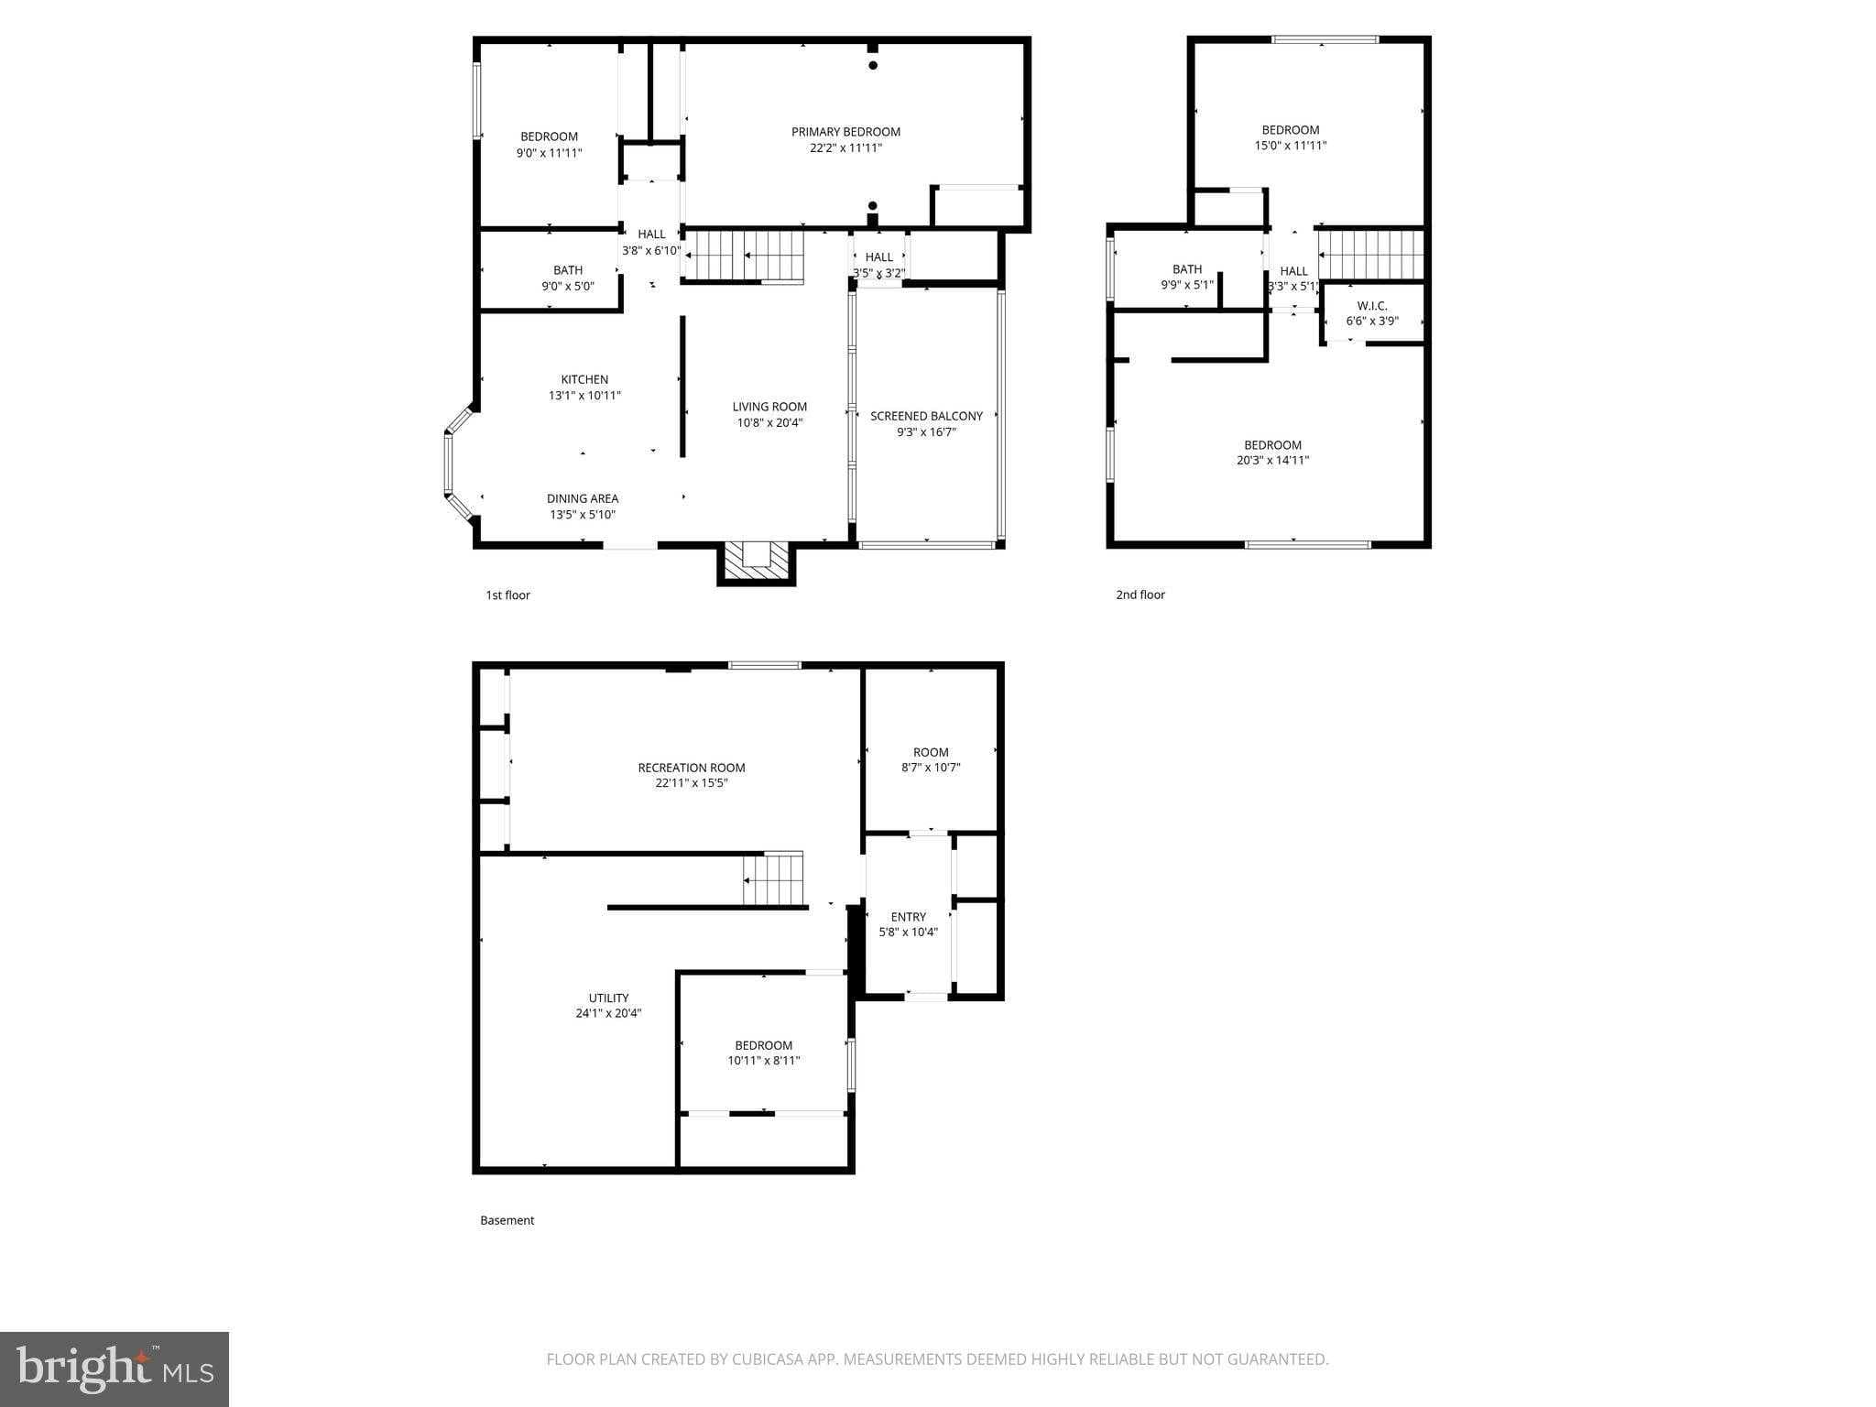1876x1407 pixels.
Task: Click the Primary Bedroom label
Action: pyautogui.click(x=845, y=132)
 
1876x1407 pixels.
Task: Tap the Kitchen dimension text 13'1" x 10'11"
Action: pyautogui.click(x=584, y=396)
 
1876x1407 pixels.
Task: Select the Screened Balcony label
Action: pyautogui.click(x=926, y=416)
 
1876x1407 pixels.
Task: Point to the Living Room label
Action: pyautogui.click(x=769, y=407)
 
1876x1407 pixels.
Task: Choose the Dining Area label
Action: pyautogui.click(x=583, y=498)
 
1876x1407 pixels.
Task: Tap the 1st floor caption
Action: pyautogui.click(x=507, y=595)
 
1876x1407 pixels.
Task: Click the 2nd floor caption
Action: pyautogui.click(x=1140, y=594)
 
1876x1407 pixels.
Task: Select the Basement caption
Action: pyautogui.click(x=507, y=1220)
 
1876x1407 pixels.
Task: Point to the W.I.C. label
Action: pyautogui.click(x=1372, y=306)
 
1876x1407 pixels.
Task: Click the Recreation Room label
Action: pyautogui.click(x=692, y=768)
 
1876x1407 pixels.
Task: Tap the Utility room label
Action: pyautogui.click(x=608, y=998)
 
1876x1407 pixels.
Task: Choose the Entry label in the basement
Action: pyautogui.click(x=909, y=917)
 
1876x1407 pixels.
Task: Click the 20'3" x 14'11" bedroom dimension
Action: pyautogui.click(x=1272, y=461)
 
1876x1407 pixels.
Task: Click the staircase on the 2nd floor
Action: pyautogui.click(x=1371, y=254)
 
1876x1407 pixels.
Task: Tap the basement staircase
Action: pyautogui.click(x=772, y=878)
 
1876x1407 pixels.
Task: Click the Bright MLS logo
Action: pyautogui.click(x=115, y=1369)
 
